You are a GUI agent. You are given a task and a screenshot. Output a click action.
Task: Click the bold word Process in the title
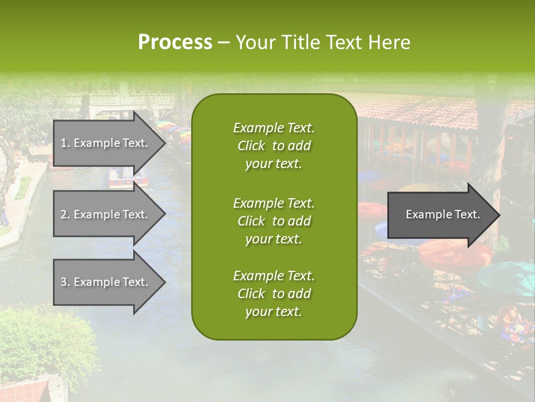175,42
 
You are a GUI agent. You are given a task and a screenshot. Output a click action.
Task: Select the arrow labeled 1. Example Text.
106,143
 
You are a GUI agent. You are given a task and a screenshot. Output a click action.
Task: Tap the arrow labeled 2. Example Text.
106,214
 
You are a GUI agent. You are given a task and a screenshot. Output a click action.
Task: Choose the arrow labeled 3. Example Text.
106,282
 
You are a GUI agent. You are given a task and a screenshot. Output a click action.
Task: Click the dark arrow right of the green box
440,214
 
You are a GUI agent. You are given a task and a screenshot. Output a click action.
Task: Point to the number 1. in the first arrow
65,143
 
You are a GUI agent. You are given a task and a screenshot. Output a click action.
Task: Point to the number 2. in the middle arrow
65,214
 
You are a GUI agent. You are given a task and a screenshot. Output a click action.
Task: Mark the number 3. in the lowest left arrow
65,282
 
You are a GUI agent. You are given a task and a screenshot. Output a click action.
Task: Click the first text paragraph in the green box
274,146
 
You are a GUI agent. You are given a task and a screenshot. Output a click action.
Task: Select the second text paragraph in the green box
274,221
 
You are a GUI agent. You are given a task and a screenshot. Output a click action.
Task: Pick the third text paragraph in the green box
274,294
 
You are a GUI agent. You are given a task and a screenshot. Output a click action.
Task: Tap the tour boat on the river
128,178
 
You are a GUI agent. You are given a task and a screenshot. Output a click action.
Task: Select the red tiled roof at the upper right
424,109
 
